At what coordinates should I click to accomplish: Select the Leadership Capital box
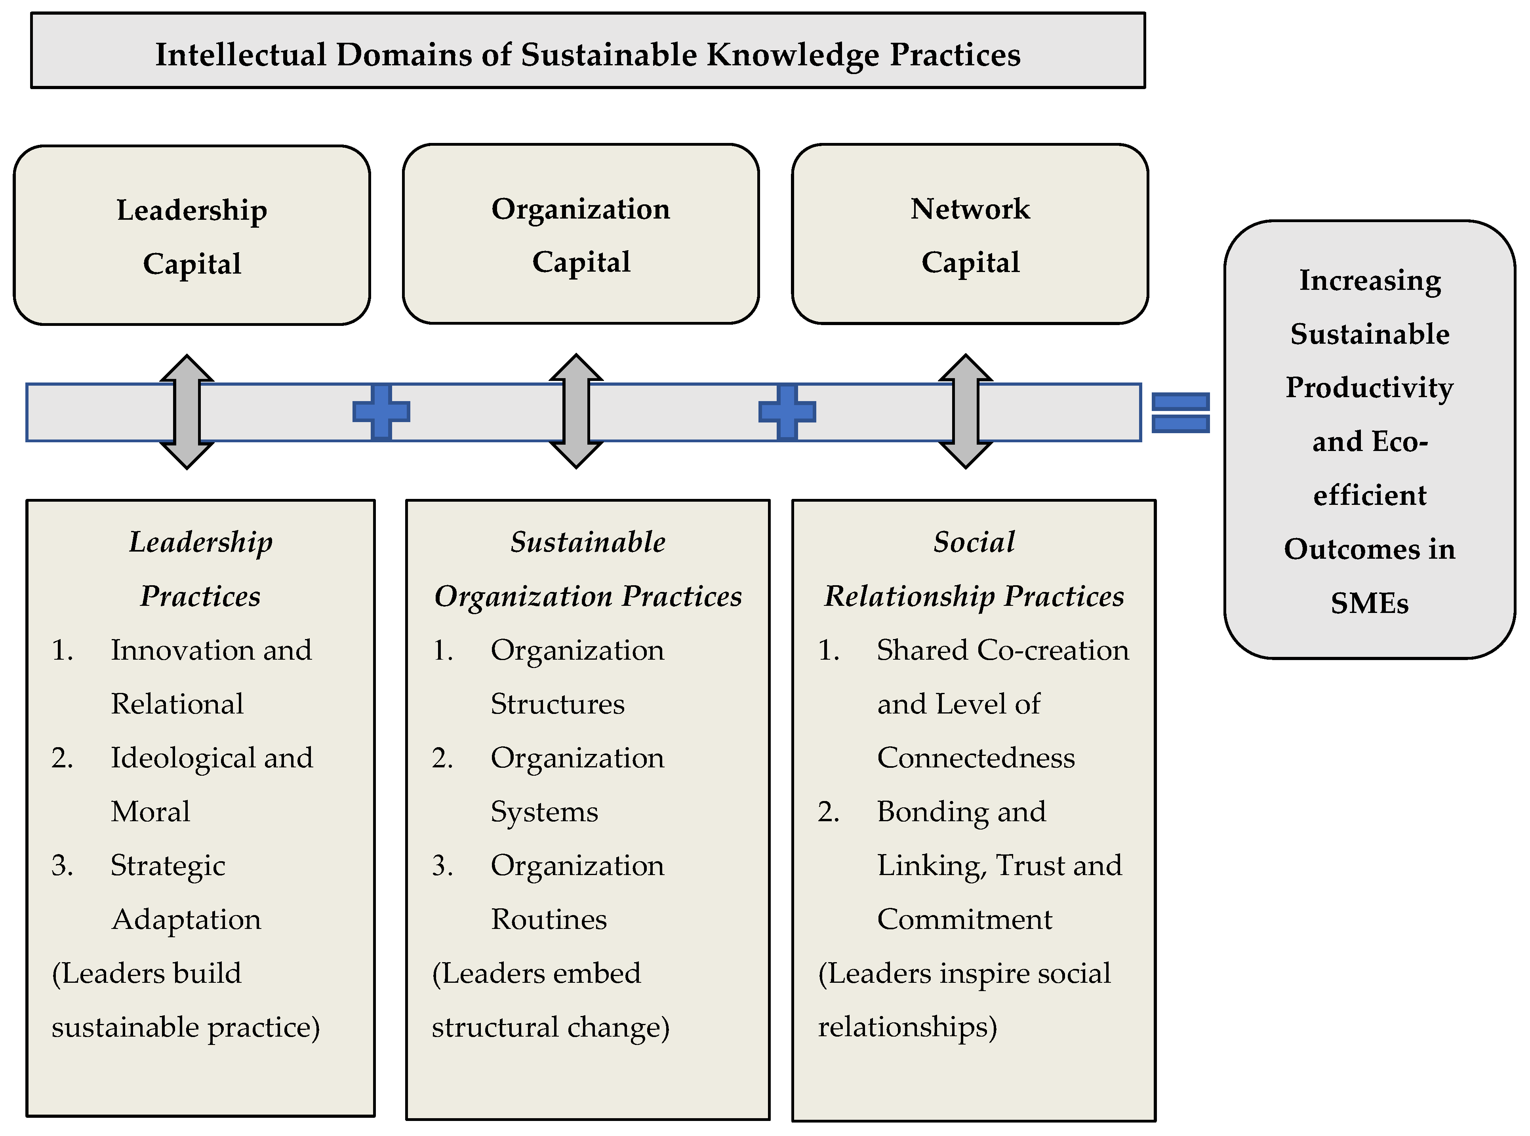click(x=192, y=235)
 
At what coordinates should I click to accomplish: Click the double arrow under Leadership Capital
click(x=187, y=412)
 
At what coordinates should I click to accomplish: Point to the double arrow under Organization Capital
click(x=576, y=411)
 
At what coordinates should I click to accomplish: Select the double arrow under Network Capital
click(x=966, y=411)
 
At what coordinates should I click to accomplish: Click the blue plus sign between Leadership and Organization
click(x=381, y=412)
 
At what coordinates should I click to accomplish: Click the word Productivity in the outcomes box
click(x=1369, y=388)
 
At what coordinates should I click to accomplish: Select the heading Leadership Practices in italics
click(x=200, y=569)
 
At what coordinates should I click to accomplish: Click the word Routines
click(x=549, y=919)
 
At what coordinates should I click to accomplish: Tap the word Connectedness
click(x=976, y=758)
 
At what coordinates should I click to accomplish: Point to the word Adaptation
click(x=187, y=919)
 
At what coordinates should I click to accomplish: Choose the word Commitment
click(x=964, y=919)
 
